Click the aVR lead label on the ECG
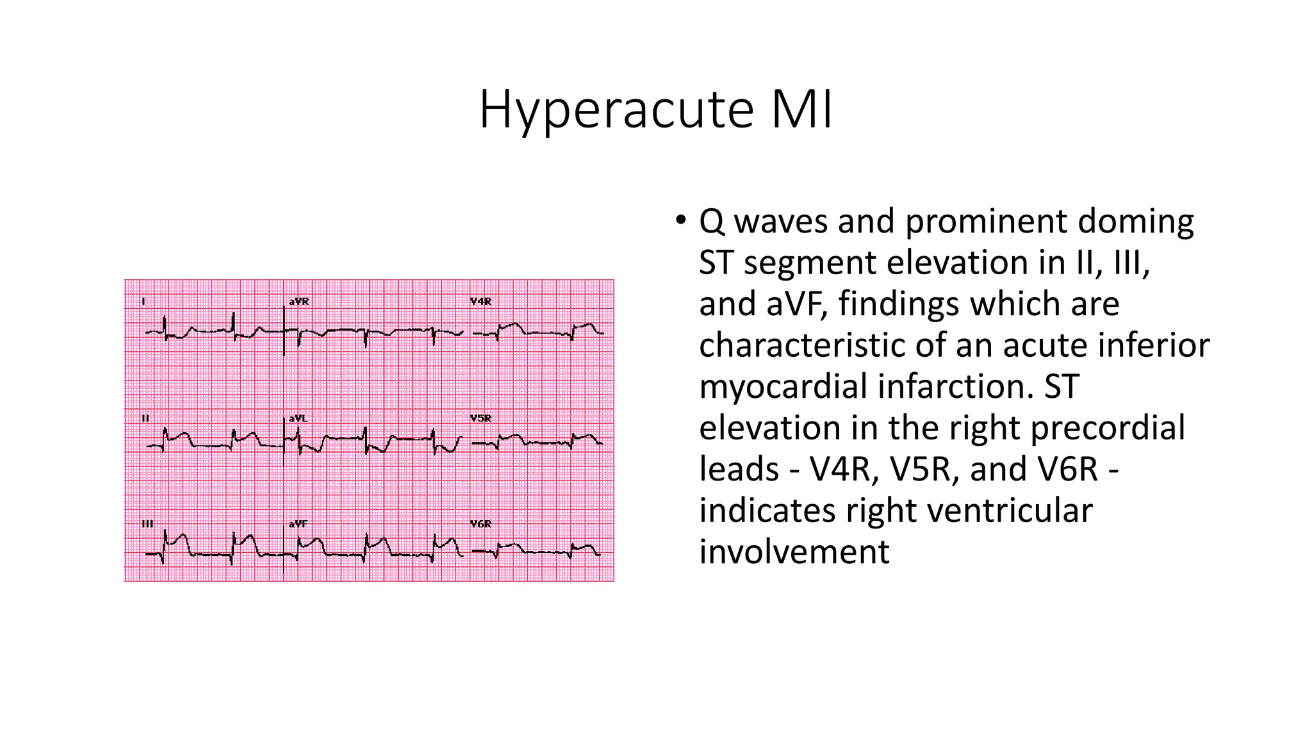(x=299, y=301)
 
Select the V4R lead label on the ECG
(x=480, y=301)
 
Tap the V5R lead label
(x=480, y=418)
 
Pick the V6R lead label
(x=480, y=524)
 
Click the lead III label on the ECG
(x=147, y=524)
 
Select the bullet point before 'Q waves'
(x=680, y=220)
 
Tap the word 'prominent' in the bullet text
(x=985, y=222)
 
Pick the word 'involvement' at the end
(x=794, y=552)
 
